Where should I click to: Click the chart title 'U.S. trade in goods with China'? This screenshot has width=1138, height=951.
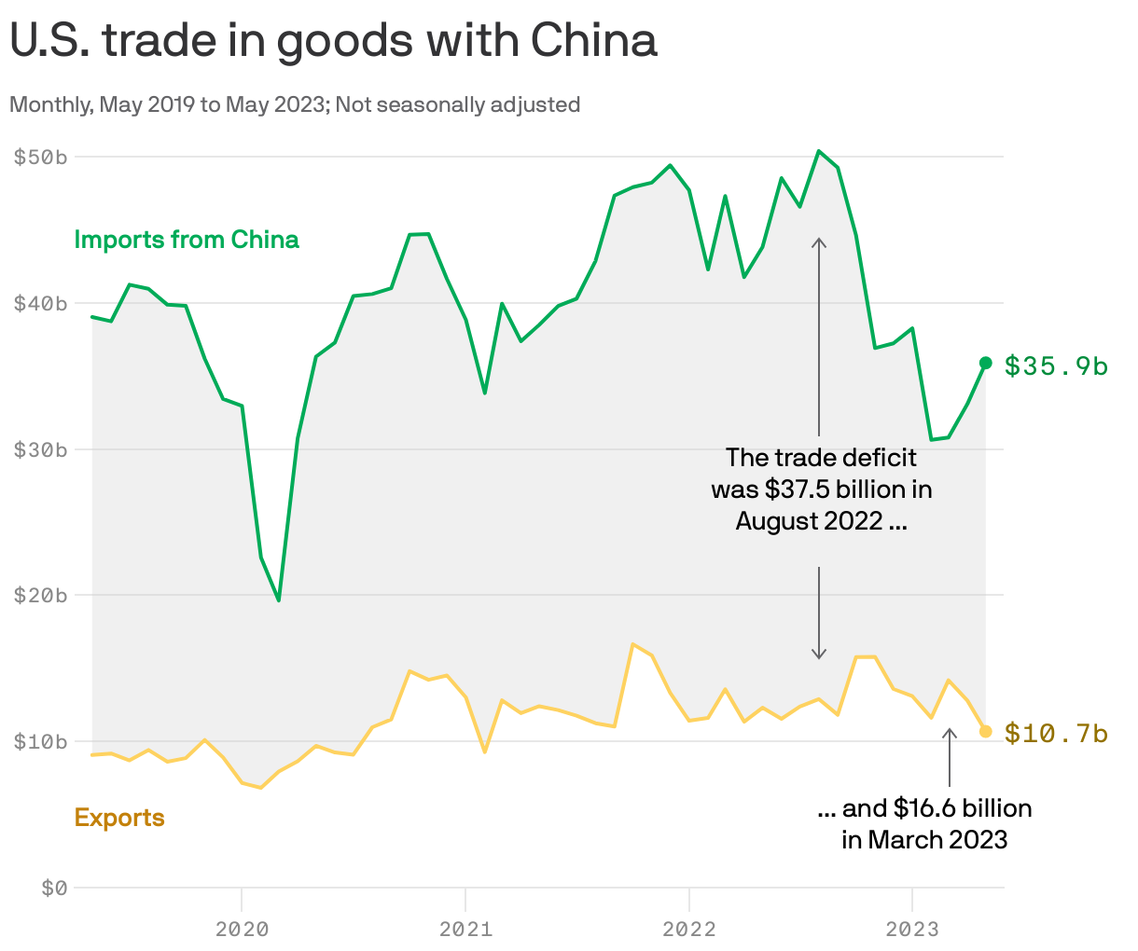[x=333, y=41]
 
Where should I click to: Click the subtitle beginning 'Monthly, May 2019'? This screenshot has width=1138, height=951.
[x=295, y=104]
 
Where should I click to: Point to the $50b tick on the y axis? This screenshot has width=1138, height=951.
[x=40, y=157]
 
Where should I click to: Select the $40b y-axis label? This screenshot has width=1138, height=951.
[x=40, y=303]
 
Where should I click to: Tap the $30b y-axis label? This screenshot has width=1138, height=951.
[x=40, y=449]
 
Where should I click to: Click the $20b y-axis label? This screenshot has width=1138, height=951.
[x=40, y=595]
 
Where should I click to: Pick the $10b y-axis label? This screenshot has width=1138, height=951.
[x=40, y=741]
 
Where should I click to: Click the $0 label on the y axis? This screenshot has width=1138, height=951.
[x=54, y=888]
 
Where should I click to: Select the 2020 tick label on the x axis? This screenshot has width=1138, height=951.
[x=242, y=929]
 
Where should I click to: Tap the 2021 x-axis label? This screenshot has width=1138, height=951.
[x=465, y=929]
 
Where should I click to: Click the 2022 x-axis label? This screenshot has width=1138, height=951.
[x=688, y=929]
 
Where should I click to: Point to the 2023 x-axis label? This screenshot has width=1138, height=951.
[x=911, y=929]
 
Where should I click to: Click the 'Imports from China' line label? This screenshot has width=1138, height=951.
[x=187, y=240]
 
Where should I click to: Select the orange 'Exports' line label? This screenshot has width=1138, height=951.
[x=119, y=818]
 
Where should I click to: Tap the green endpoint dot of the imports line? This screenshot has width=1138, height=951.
[x=985, y=363]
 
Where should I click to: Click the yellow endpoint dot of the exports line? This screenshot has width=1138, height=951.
[x=985, y=731]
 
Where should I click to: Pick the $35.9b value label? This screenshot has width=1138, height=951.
[x=1056, y=366]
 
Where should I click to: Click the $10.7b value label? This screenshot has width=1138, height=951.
[x=1056, y=734]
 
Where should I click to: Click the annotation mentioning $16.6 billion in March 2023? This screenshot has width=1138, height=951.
[x=924, y=823]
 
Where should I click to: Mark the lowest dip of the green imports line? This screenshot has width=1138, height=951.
[x=278, y=600]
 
